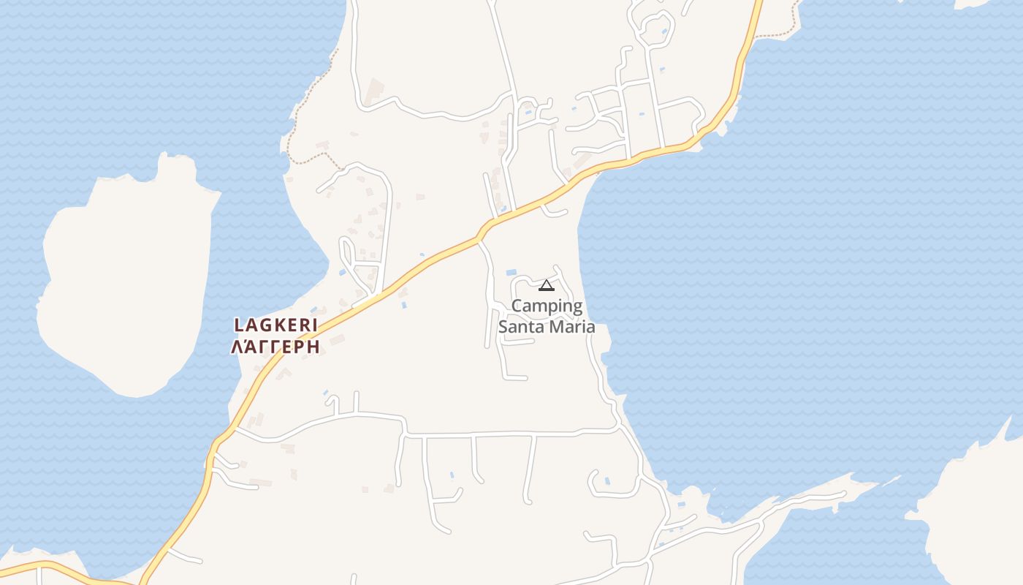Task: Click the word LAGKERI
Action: click(x=275, y=325)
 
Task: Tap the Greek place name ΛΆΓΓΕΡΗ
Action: click(x=275, y=347)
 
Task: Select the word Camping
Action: click(x=547, y=306)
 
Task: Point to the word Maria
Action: click(x=573, y=327)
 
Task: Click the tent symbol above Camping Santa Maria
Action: click(x=547, y=285)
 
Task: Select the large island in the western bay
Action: click(x=124, y=285)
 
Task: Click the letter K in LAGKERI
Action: click(x=275, y=325)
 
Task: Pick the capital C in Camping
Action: click(x=517, y=306)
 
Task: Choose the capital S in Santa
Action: click(x=503, y=327)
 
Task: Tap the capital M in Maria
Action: click(x=557, y=327)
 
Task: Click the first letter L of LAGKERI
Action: click(x=238, y=325)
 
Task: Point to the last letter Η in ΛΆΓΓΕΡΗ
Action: click(x=313, y=347)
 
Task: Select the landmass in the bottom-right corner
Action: click(x=979, y=512)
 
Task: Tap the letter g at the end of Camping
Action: click(x=577, y=307)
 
